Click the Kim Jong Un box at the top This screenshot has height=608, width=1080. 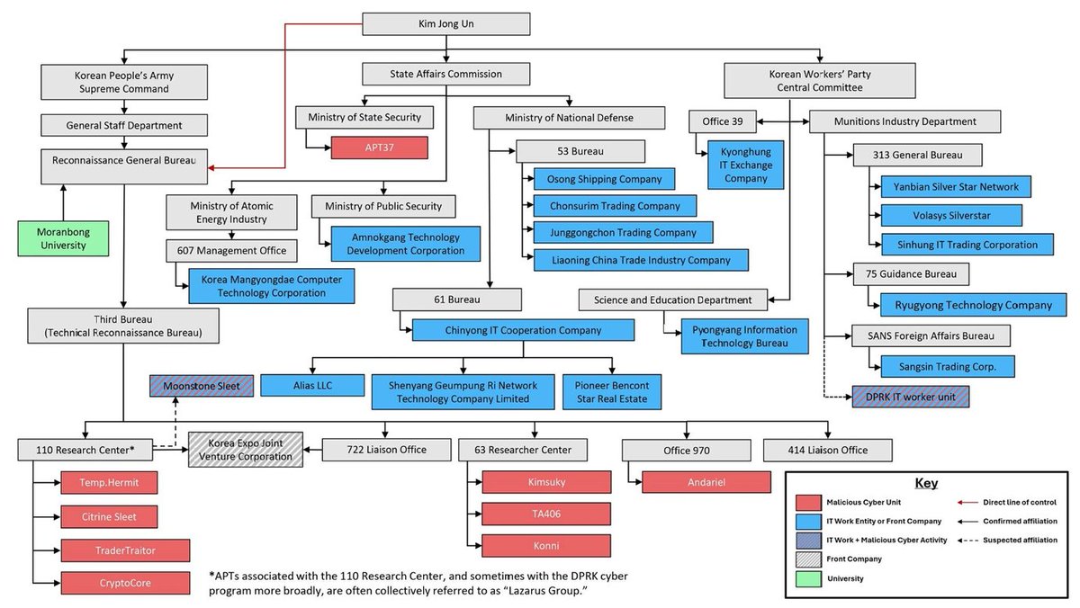pos(445,25)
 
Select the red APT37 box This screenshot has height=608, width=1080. pos(377,148)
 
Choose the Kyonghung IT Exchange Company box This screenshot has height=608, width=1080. pos(739,165)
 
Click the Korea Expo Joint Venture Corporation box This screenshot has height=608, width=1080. pos(245,449)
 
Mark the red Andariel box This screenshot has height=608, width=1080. pos(706,482)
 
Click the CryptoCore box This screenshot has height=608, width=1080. pos(124,583)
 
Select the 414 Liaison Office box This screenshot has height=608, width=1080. pos(827,449)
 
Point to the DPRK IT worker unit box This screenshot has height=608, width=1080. pos(910,397)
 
